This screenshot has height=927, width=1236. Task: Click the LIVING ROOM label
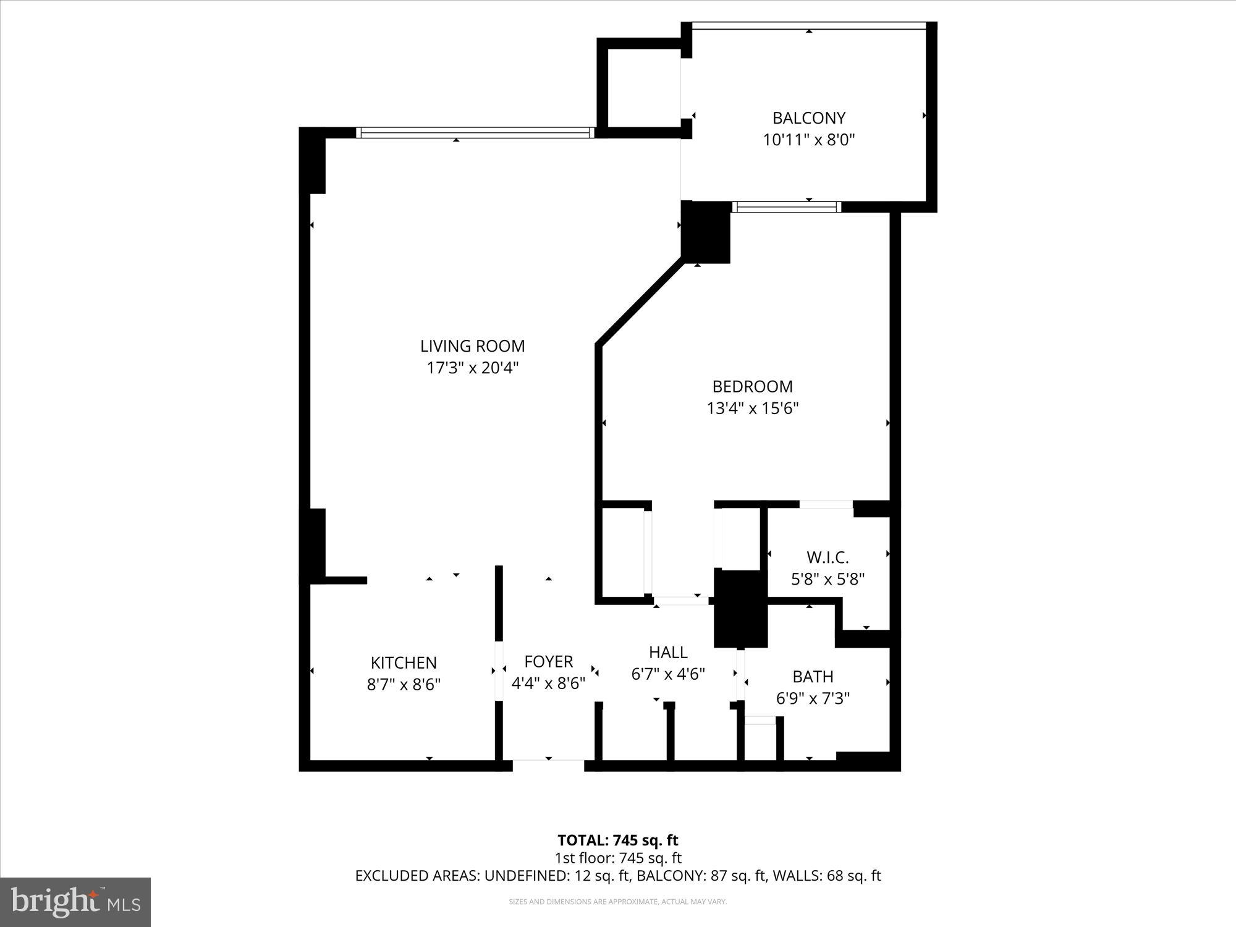coord(472,346)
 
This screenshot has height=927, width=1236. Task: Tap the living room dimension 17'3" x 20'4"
coord(472,368)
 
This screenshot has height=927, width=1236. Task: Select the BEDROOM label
coord(752,387)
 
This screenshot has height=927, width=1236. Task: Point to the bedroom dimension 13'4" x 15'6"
coord(753,408)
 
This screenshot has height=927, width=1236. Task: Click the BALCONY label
coord(808,118)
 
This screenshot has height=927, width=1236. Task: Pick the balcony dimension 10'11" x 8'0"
coord(808,140)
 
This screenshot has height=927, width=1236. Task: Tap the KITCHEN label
coord(404,663)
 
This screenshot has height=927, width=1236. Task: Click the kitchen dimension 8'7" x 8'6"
coord(404,685)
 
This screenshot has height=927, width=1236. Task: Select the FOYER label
coord(548,662)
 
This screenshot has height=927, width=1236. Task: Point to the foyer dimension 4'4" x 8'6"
coord(548,684)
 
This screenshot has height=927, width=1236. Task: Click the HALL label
coord(668,653)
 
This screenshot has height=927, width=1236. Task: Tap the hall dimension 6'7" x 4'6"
coord(668,674)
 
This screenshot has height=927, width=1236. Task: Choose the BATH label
coord(813,677)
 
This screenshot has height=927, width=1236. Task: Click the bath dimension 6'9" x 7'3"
coord(813,699)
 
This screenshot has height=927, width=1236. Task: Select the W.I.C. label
coord(828,557)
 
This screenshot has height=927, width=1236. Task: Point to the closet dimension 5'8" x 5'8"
coord(828,580)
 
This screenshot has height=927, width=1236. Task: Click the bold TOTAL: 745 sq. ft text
coord(617,840)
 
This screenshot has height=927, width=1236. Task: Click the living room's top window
coord(475,132)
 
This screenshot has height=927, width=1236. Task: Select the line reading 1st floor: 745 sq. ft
coord(617,858)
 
